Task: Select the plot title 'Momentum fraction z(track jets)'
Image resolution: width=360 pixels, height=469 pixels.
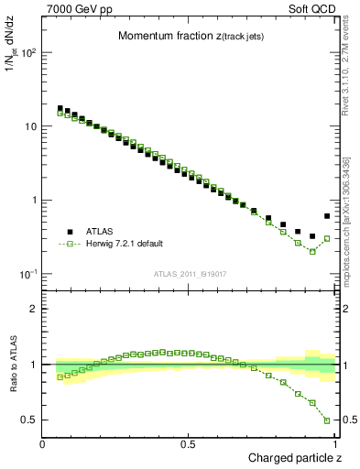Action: (x=191, y=36)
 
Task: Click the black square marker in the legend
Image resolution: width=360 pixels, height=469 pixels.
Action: (x=69, y=232)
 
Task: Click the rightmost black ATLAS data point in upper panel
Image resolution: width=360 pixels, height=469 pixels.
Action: (x=327, y=216)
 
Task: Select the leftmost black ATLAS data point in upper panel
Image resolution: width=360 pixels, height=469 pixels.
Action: (x=60, y=108)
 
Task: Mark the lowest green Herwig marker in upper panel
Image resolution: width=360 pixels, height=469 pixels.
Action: (x=312, y=251)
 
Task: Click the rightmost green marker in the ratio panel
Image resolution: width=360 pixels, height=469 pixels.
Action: (x=327, y=420)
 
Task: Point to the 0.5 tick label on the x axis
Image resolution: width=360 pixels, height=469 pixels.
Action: (x=189, y=444)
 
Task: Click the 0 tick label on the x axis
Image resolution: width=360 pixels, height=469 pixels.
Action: (x=43, y=444)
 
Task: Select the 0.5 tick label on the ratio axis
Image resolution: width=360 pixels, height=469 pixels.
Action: (x=29, y=420)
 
